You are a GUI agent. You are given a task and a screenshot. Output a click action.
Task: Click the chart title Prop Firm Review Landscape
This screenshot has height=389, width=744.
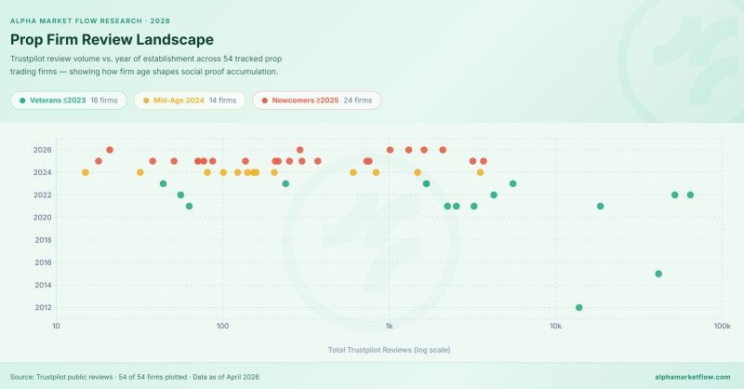tap(112, 40)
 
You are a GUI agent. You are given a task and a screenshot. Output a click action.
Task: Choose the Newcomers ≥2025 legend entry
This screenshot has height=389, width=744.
tap(316, 100)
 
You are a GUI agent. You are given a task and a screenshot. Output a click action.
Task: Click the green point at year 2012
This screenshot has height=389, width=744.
tap(579, 308)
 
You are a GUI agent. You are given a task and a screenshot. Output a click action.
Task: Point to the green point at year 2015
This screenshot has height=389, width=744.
tap(658, 274)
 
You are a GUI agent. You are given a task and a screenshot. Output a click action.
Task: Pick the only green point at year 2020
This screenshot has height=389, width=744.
tap(189, 206)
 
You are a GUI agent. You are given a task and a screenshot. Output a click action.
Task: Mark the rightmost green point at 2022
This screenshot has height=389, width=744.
tap(690, 194)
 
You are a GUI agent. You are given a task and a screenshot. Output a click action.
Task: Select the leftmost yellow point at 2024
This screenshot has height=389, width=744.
tap(86, 172)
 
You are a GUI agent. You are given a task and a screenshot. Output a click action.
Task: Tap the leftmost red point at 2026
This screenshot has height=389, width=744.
tap(110, 150)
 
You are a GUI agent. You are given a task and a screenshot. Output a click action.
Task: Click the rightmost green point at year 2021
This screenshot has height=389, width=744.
tap(601, 206)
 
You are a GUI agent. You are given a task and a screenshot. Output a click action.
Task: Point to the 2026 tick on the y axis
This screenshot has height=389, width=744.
tap(42, 150)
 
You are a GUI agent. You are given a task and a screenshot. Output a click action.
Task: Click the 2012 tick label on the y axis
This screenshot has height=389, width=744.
tap(42, 308)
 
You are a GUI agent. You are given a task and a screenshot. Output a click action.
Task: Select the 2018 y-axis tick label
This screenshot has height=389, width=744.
tap(42, 240)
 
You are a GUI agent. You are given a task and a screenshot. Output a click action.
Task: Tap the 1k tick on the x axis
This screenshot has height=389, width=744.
tap(389, 327)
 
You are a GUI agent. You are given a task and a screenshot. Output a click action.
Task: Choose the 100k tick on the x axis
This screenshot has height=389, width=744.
tap(721, 327)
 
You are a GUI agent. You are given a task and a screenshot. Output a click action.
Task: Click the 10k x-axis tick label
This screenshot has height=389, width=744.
tap(555, 327)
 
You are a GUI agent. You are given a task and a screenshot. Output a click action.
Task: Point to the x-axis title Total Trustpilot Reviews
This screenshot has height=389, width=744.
tap(389, 350)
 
